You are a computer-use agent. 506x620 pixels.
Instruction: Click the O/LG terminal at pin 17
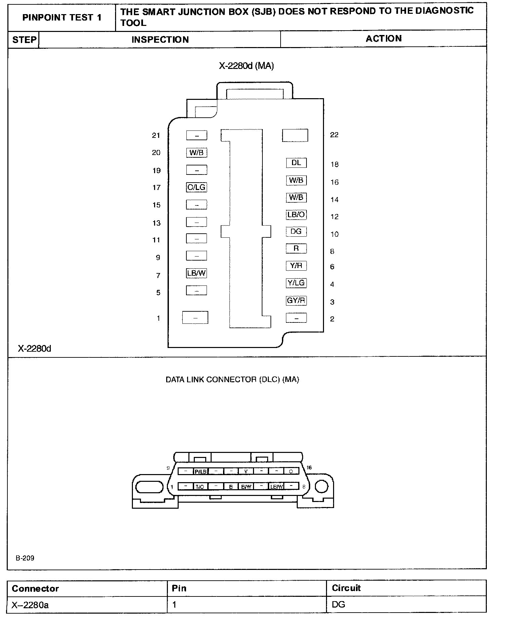[196, 187]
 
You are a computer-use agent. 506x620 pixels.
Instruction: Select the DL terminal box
[296, 163]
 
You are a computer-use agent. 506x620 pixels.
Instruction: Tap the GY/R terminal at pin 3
[296, 301]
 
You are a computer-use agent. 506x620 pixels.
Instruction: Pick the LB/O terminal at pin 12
[296, 215]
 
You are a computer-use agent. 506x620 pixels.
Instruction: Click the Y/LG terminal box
[296, 283]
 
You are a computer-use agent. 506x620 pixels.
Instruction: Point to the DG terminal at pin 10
[296, 232]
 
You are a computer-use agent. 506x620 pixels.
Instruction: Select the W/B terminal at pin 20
[196, 153]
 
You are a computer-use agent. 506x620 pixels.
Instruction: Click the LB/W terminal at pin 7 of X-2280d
[196, 273]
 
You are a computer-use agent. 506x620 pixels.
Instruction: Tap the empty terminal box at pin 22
[295, 135]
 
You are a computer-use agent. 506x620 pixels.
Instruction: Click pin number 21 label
[156, 135]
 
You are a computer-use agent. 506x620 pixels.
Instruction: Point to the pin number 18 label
[334, 164]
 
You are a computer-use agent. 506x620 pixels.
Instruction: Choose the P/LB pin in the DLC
[201, 471]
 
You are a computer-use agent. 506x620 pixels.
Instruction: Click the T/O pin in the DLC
[200, 487]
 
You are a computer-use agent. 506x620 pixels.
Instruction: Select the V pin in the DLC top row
[246, 471]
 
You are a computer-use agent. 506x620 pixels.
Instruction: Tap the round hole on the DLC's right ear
[322, 487]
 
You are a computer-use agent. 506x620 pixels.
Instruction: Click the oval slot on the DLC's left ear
[145, 487]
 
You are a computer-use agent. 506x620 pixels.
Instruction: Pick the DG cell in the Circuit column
[338, 605]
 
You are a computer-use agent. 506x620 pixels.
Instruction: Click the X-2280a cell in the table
[30, 605]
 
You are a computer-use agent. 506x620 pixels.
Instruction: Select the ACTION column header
[384, 39]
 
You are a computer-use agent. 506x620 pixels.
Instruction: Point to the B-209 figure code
[25, 558]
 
